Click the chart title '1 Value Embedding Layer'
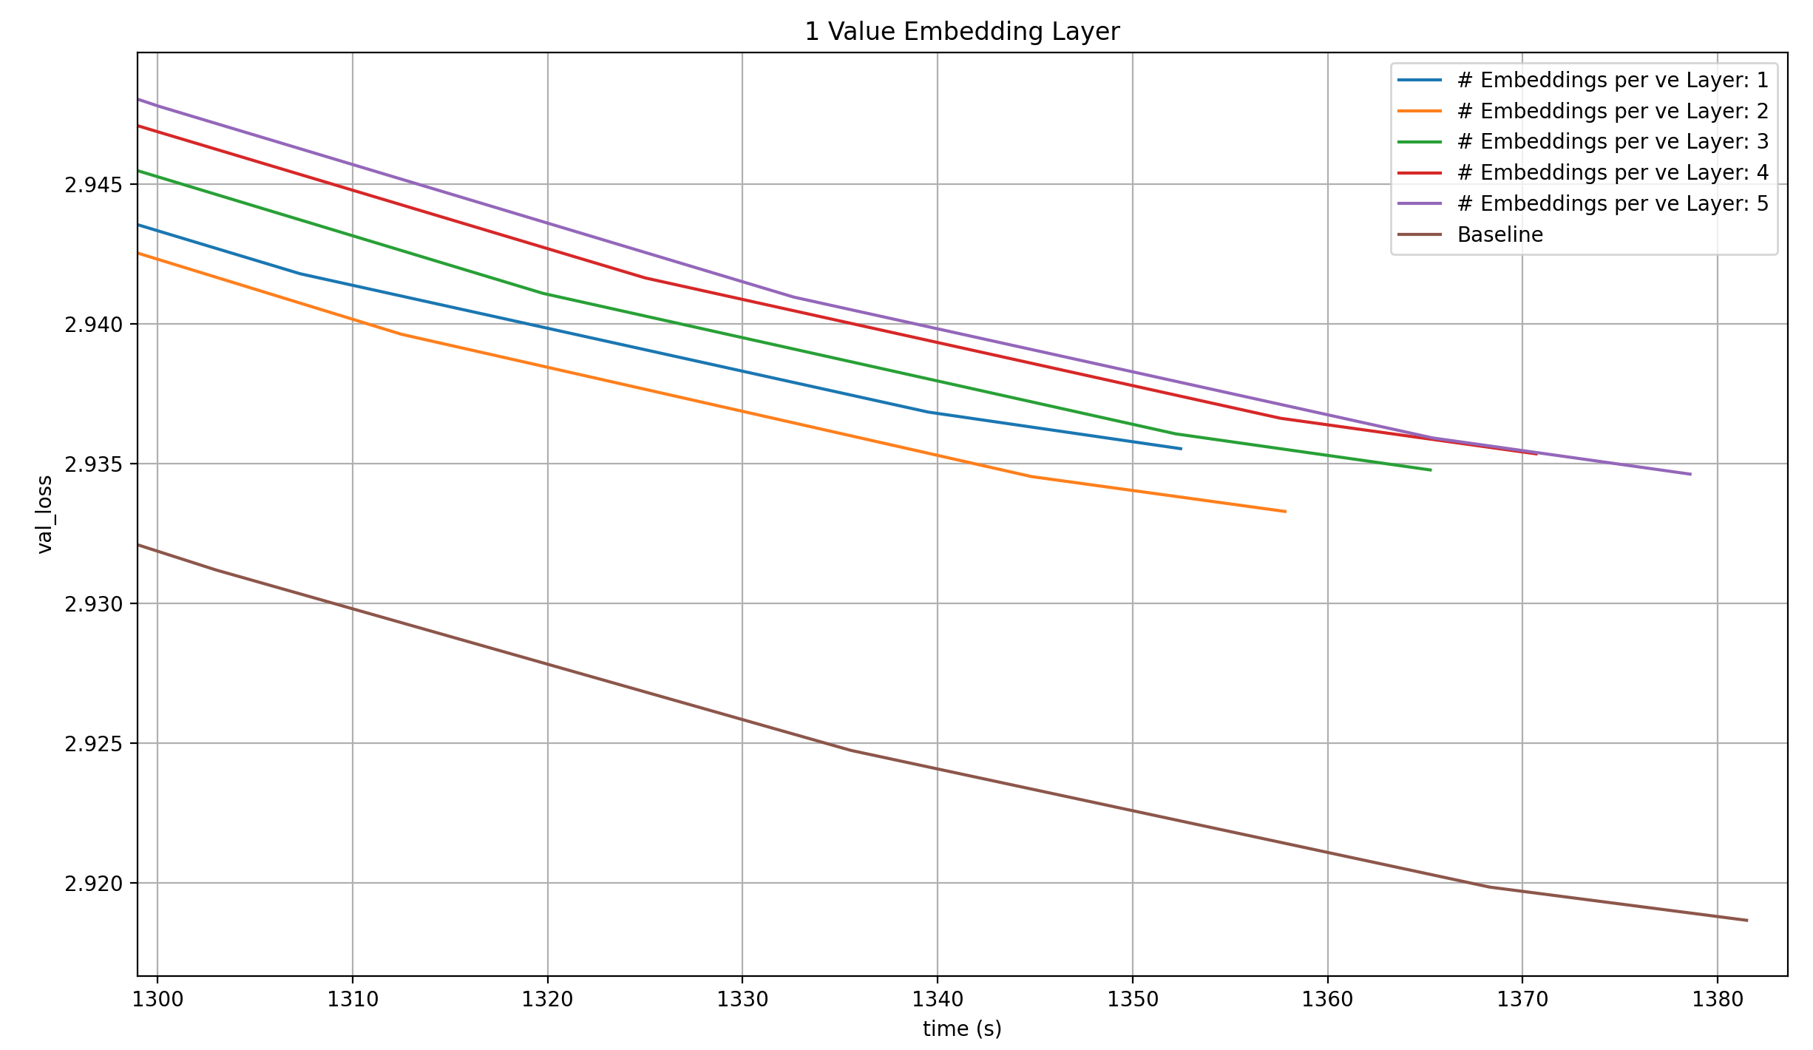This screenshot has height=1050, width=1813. click(x=962, y=32)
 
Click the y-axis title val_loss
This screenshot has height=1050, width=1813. click(x=45, y=514)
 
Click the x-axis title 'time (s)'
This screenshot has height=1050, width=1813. click(x=962, y=1029)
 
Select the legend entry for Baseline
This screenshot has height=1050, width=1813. click(x=1499, y=234)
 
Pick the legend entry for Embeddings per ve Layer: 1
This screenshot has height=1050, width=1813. click(x=1612, y=80)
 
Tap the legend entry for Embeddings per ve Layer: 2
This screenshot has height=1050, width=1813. click(x=1612, y=111)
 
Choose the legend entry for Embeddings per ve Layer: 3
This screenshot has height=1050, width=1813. click(x=1612, y=141)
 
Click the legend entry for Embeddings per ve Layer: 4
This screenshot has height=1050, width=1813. click(x=1612, y=172)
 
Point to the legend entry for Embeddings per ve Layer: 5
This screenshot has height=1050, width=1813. click(x=1612, y=203)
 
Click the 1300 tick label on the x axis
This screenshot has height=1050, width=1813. click(x=157, y=1000)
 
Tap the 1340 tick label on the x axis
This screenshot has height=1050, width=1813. click(x=938, y=1000)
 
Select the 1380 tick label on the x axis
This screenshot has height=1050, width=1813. click(x=1718, y=1000)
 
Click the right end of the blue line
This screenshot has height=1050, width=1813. click(x=1181, y=449)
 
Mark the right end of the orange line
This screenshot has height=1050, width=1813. click(x=1285, y=512)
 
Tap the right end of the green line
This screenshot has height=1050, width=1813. click(x=1431, y=470)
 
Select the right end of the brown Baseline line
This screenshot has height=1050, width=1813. click(x=1747, y=921)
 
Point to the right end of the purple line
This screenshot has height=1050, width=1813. click(x=1690, y=475)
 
